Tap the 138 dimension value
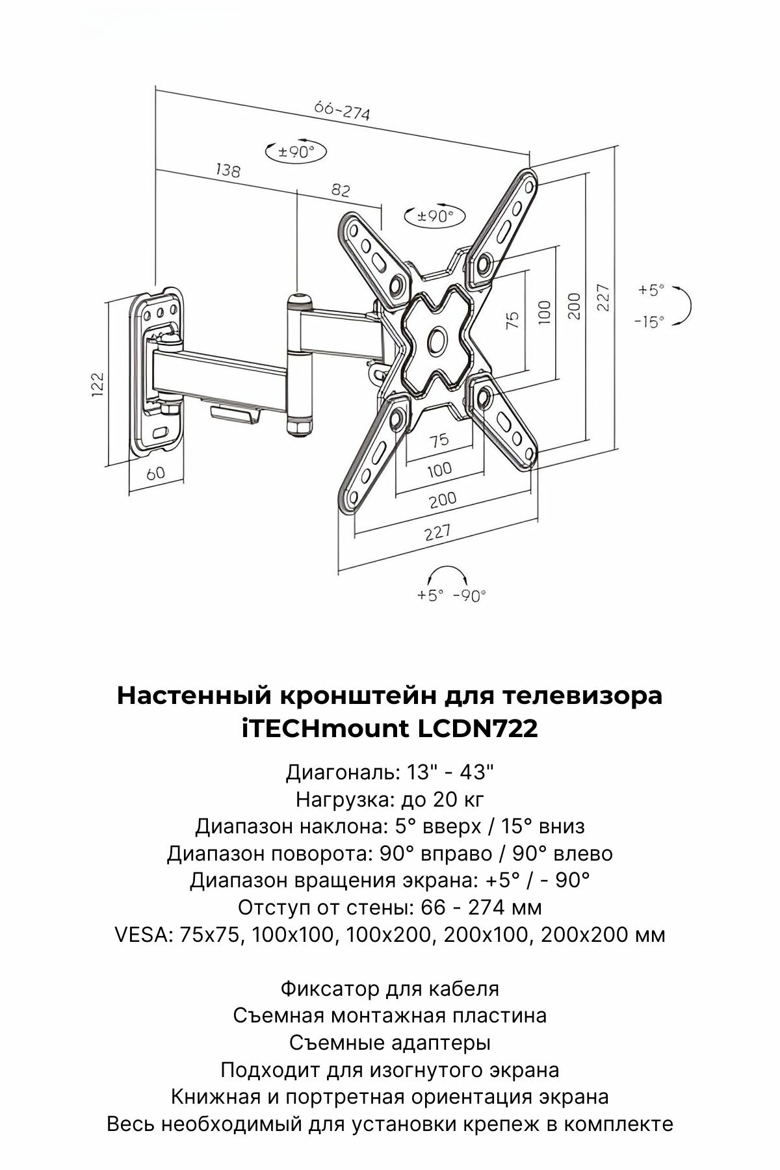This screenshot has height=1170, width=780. (227, 171)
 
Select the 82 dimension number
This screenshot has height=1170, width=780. (341, 190)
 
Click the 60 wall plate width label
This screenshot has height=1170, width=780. (155, 473)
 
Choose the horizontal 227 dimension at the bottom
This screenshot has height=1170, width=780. (437, 532)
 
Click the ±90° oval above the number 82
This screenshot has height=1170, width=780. (296, 152)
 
